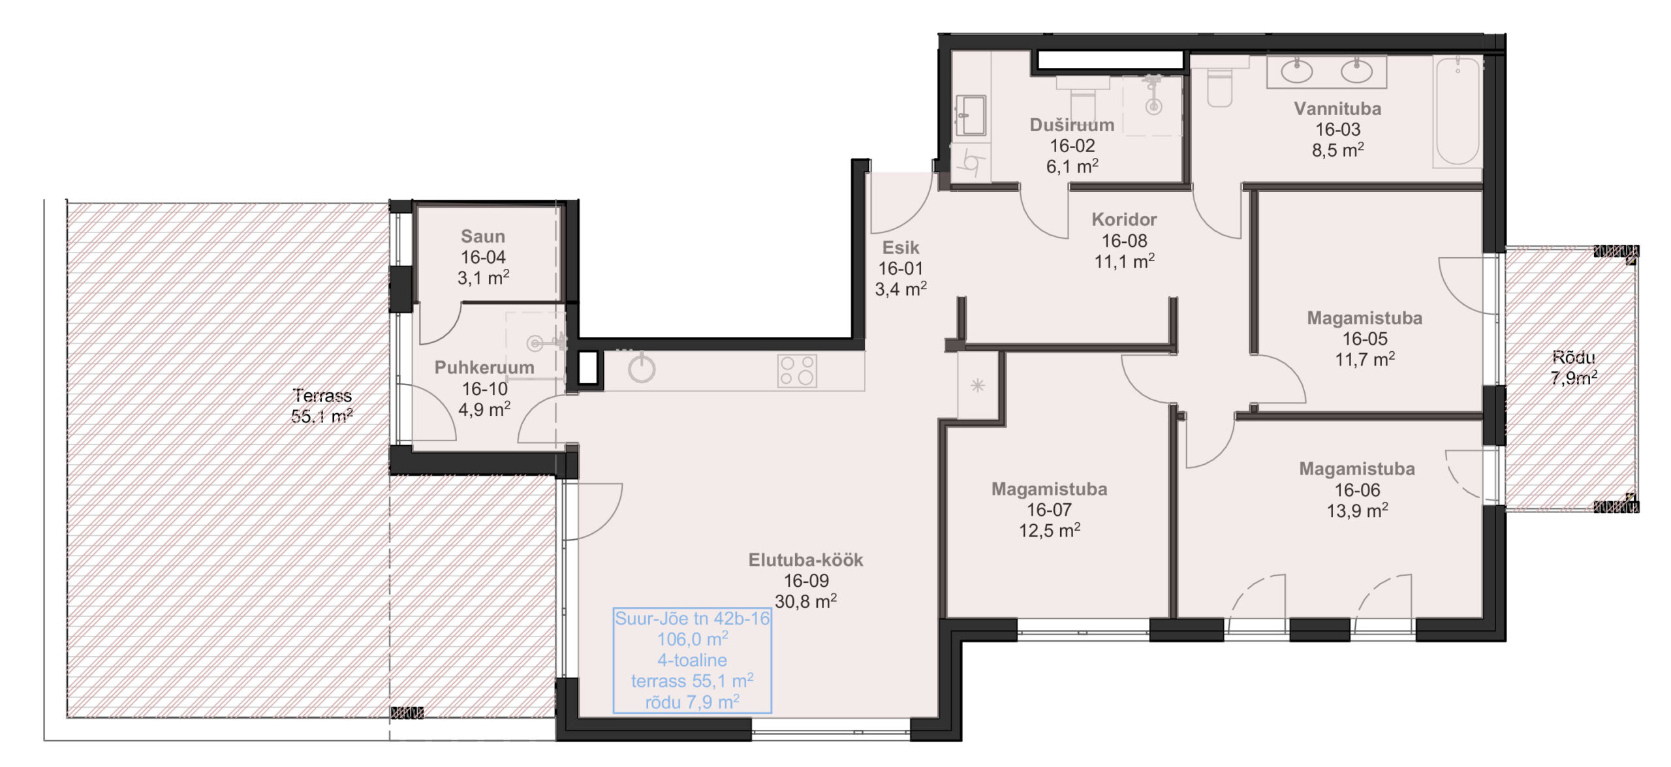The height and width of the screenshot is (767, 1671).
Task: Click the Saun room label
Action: [x=483, y=236]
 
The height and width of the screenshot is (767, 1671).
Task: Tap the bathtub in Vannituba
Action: [x=1458, y=111]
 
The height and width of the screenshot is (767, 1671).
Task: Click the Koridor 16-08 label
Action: [x=1124, y=240]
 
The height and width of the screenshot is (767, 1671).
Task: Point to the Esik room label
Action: [x=901, y=247]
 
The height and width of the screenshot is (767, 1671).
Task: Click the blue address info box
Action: [x=693, y=660]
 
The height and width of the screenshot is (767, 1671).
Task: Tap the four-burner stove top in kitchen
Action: [x=797, y=371]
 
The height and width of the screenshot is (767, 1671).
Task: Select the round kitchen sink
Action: [x=642, y=369]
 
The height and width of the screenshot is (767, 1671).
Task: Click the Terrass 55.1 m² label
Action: [x=322, y=405]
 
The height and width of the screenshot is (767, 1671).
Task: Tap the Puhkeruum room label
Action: [x=484, y=368]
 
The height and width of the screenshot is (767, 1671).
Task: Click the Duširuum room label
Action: [x=1072, y=125]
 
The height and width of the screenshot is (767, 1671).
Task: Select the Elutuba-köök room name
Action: [x=805, y=559]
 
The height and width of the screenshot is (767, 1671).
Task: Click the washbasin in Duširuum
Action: [x=971, y=116]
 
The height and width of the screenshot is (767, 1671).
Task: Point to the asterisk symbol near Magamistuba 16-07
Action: [x=977, y=386]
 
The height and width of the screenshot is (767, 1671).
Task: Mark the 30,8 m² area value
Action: [x=805, y=601]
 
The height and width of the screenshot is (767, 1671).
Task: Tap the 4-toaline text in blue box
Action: [x=692, y=660]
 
